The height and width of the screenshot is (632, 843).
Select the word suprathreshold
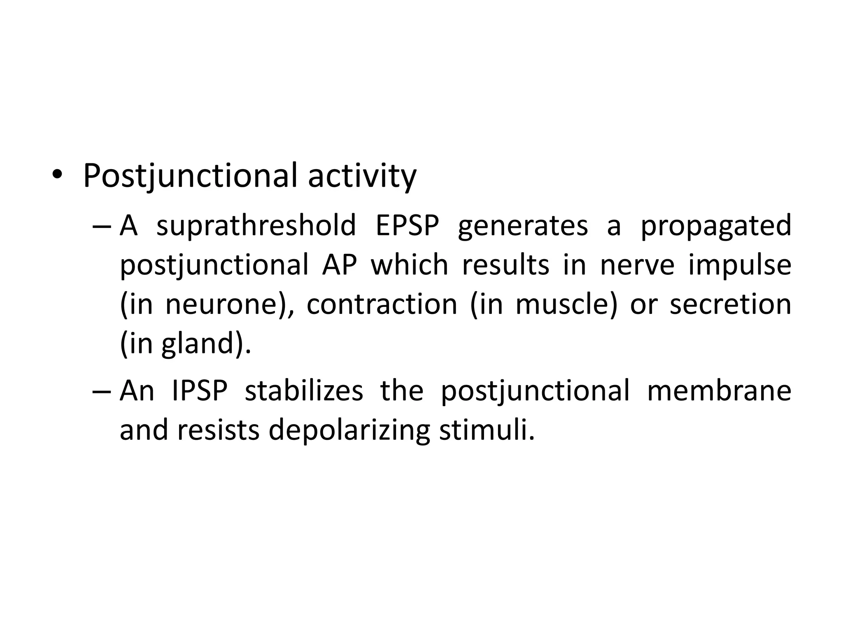click(x=256, y=225)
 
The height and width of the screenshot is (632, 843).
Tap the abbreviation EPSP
click(x=407, y=225)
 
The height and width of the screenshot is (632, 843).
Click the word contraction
click(x=382, y=304)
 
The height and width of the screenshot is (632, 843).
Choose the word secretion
click(x=730, y=304)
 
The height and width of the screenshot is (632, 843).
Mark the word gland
click(x=198, y=344)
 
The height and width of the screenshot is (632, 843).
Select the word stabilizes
click(x=304, y=391)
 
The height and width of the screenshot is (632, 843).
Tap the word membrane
click(x=719, y=391)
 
